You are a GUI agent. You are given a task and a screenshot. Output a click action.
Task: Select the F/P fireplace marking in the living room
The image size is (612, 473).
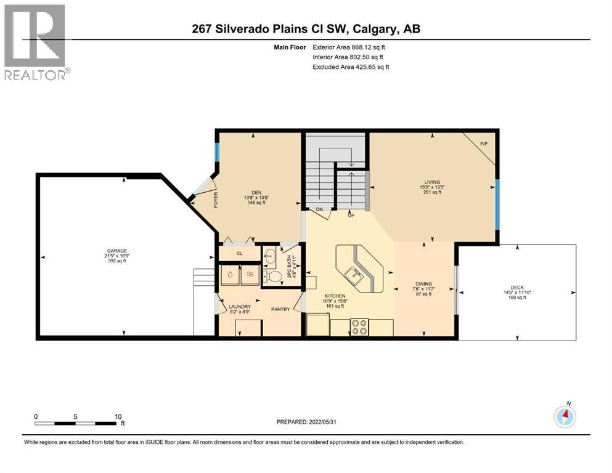click(x=484, y=144)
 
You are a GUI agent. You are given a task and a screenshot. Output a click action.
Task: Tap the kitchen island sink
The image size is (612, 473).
click(x=354, y=273)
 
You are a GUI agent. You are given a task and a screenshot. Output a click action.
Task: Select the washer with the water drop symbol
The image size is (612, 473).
click(x=229, y=275)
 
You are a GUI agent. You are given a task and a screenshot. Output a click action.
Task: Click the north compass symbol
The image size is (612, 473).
click(x=565, y=417)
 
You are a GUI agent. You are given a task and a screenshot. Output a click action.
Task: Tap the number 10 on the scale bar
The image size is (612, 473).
click(x=118, y=416)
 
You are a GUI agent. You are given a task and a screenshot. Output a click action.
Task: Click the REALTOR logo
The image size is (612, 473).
click(x=35, y=41)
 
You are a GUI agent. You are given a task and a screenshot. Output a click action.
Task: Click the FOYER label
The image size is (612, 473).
click(x=216, y=201)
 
